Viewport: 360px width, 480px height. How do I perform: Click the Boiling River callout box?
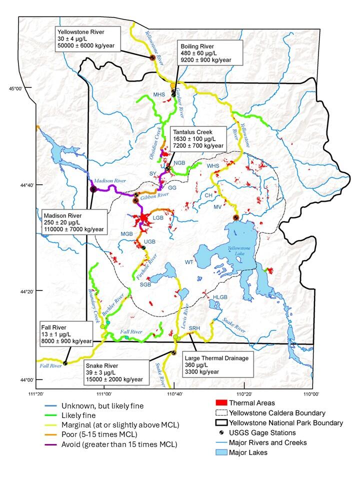click(210, 53)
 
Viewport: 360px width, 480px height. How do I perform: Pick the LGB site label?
click(158, 218)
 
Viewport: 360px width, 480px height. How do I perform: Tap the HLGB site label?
click(220, 298)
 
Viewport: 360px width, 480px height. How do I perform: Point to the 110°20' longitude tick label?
click(243, 393)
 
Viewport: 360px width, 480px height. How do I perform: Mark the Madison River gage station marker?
click(93, 189)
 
